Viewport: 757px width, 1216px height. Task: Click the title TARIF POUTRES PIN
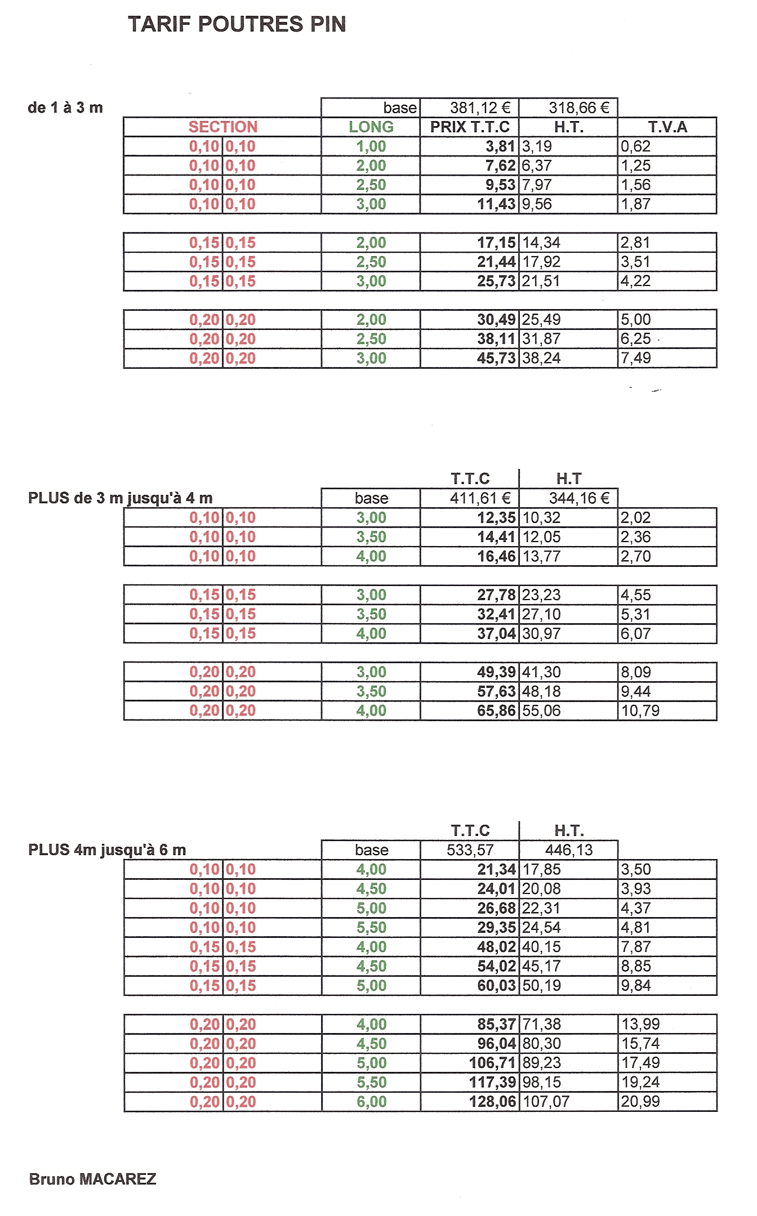[237, 24]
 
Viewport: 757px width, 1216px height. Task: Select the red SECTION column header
[222, 127]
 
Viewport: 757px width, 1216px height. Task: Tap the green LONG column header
[371, 127]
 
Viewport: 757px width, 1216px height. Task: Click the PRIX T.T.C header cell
[470, 127]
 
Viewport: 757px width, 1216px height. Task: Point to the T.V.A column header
[667, 127]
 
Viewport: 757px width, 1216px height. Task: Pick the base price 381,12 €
[480, 108]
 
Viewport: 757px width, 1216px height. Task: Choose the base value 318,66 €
[579, 108]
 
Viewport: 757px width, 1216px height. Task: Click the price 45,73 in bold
[496, 359]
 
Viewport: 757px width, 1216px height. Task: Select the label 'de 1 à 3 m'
[65, 108]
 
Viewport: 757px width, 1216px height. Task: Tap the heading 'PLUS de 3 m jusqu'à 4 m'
[120, 498]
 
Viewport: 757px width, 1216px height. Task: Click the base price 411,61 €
[480, 498]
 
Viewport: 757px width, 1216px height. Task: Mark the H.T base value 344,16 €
[579, 498]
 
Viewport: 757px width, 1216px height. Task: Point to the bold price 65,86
[496, 711]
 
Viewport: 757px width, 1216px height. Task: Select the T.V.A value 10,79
[640, 711]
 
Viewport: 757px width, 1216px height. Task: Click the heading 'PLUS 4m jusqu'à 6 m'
[107, 850]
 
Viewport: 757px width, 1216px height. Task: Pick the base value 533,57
[470, 850]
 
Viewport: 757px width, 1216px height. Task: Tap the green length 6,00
[371, 1102]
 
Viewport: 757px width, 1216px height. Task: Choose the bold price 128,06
[492, 1102]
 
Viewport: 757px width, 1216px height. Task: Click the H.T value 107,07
[546, 1102]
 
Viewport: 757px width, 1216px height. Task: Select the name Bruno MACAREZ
[92, 1179]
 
